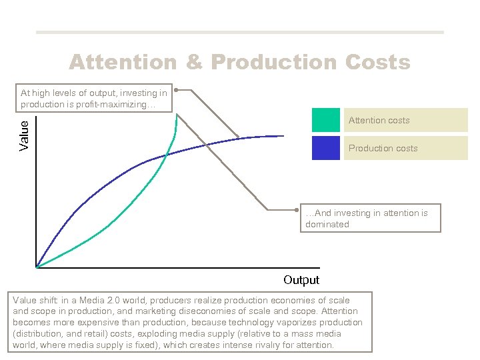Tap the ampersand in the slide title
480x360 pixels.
tap(194, 62)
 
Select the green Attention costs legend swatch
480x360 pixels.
tap(325, 120)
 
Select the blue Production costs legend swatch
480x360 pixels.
tap(325, 148)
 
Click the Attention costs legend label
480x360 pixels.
tap(379, 121)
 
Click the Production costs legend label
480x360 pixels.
tap(383, 148)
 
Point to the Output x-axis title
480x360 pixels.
tap(301, 280)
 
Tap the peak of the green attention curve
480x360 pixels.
tap(177, 115)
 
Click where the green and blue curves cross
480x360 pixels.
tap(167, 155)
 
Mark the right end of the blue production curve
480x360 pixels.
tap(284, 136)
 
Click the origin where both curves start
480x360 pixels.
tap(36, 267)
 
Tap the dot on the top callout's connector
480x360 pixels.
tap(175, 89)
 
